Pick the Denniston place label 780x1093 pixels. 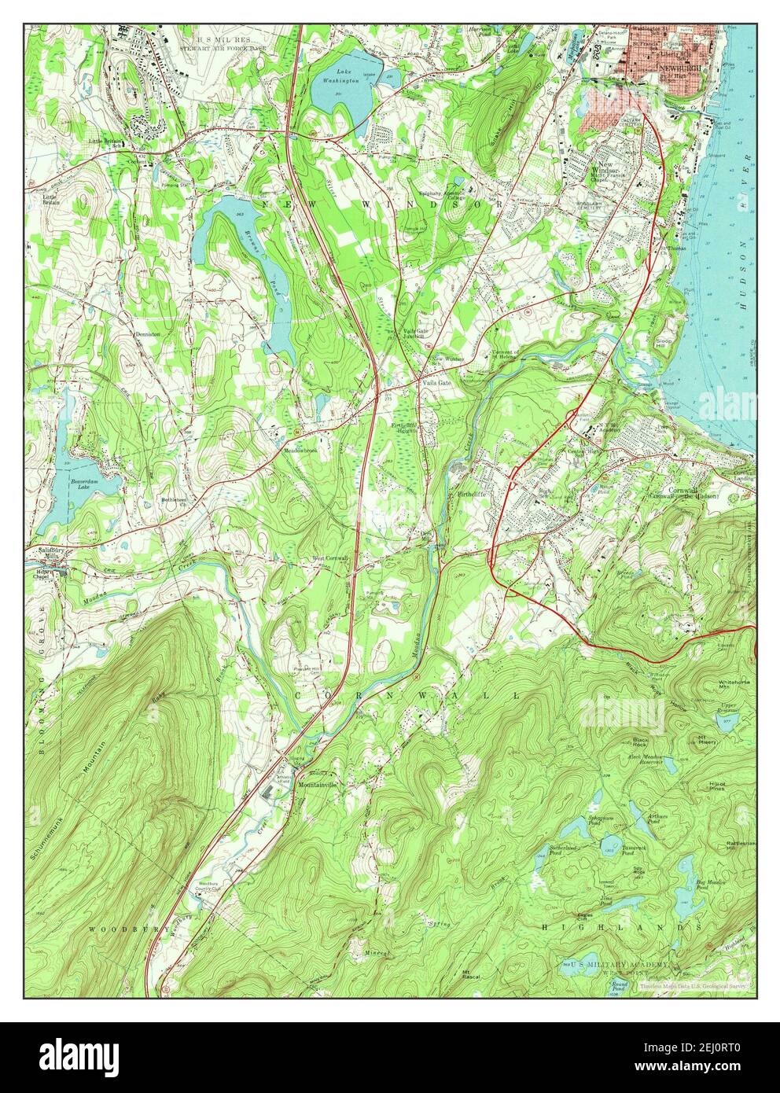pos(147,334)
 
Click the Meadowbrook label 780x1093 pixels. pos(300,451)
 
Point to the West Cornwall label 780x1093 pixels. pos(330,559)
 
